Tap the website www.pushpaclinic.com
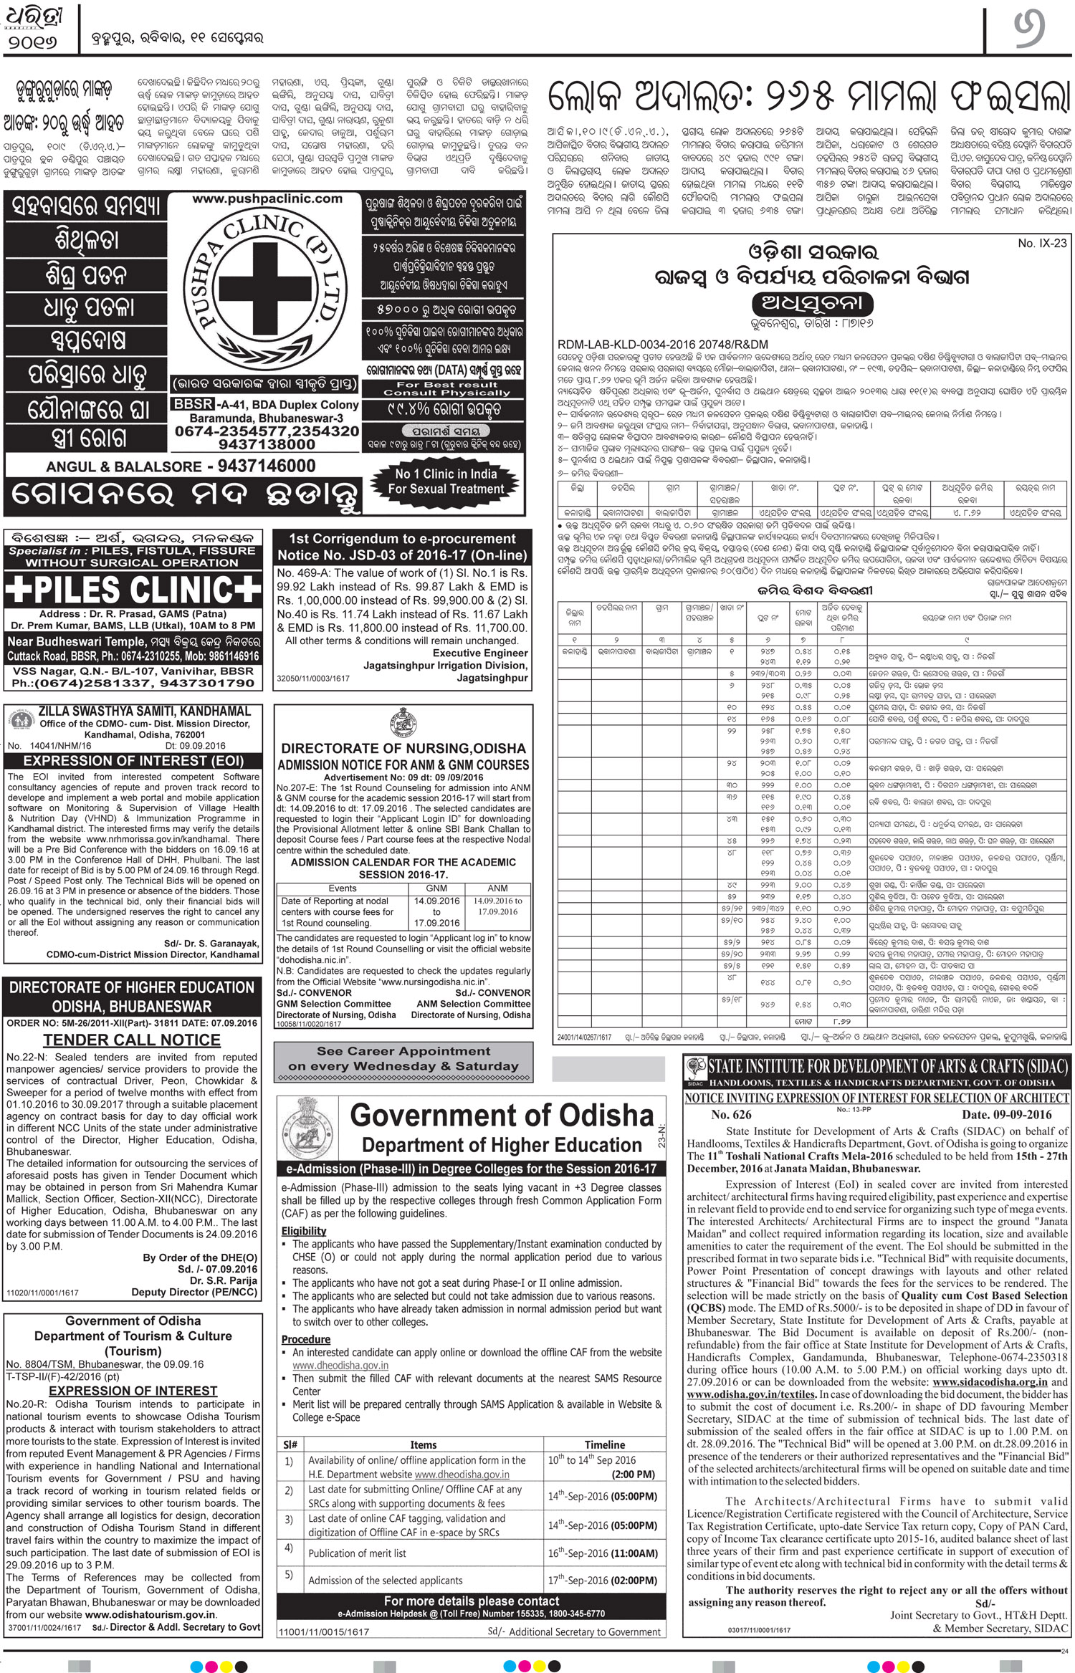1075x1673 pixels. tap(267, 198)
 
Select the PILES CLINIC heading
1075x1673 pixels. tap(133, 590)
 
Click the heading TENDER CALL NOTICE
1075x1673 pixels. tap(132, 1040)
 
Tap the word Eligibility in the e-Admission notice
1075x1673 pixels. tap(304, 1231)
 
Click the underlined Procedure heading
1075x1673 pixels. tap(306, 1339)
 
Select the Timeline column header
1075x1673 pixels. tap(604, 1444)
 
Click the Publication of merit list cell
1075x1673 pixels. tap(357, 1553)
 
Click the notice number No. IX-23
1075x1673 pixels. tap(1042, 244)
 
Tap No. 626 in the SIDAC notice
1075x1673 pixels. tap(731, 1114)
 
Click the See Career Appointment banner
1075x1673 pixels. tap(403, 1059)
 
